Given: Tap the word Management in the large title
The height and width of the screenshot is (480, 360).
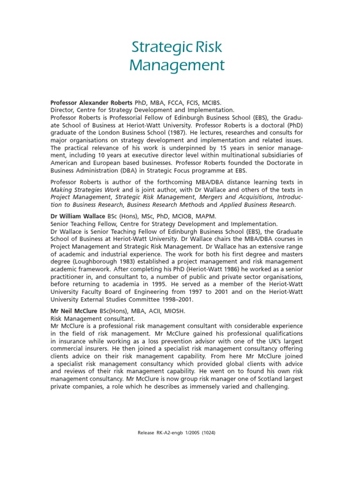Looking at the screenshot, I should click(177, 65).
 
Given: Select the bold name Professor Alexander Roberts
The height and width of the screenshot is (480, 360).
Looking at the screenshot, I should click(91, 102).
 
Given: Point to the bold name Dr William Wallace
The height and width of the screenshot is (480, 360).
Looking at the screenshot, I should click(78, 216).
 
